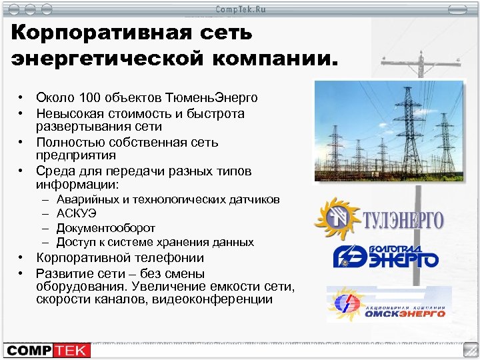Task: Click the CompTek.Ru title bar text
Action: [239, 9]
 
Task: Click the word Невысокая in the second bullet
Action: [67, 114]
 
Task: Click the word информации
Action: [76, 184]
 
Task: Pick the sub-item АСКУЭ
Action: [77, 214]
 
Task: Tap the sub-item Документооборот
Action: [106, 228]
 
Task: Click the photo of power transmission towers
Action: [388, 132]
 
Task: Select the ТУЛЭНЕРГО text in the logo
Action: [402, 220]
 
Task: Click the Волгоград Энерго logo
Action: [385, 255]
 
